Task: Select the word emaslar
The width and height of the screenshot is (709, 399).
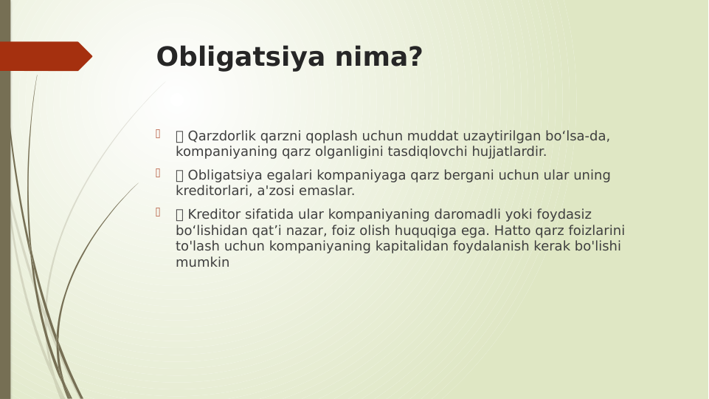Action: pyautogui.click(x=327, y=191)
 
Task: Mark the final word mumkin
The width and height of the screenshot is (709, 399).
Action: pyautogui.click(x=202, y=262)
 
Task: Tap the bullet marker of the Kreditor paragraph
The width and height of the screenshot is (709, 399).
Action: pyautogui.click(x=157, y=212)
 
